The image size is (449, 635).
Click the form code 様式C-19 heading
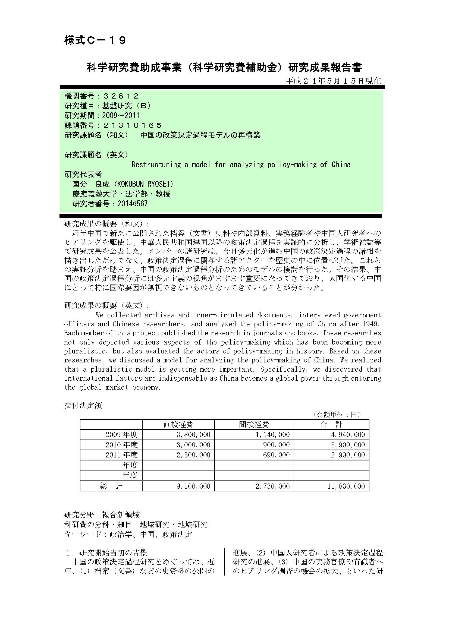[x=95, y=41]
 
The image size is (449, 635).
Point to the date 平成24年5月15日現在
[x=333, y=81]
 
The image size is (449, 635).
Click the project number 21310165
[x=132, y=125]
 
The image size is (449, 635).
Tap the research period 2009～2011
[x=121, y=115]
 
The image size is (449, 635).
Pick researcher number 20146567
[x=133, y=204]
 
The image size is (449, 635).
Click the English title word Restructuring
[x=156, y=165]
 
